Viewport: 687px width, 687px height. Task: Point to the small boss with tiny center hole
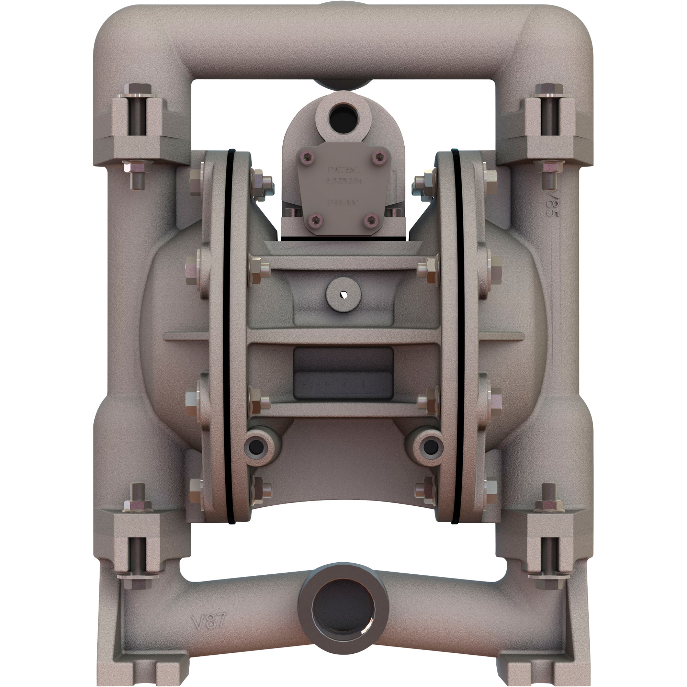(343, 294)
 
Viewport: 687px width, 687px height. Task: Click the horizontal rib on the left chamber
(185, 336)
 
